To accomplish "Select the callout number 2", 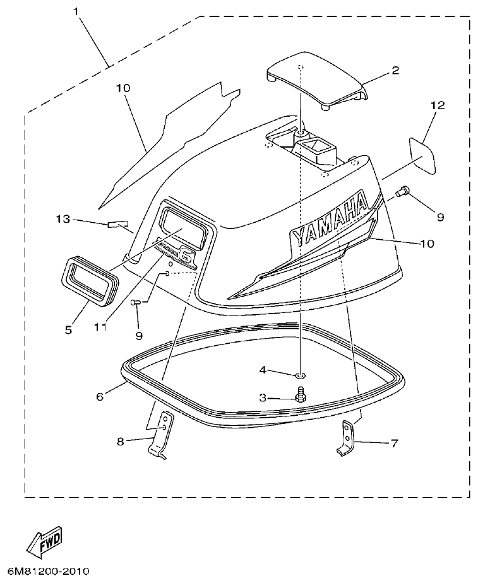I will tap(395, 70).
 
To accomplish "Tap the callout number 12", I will tap(438, 105).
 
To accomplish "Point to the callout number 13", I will tap(62, 219).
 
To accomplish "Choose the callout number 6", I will tap(99, 397).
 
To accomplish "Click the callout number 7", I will tap(393, 444).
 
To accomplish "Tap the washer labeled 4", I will tap(300, 376).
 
